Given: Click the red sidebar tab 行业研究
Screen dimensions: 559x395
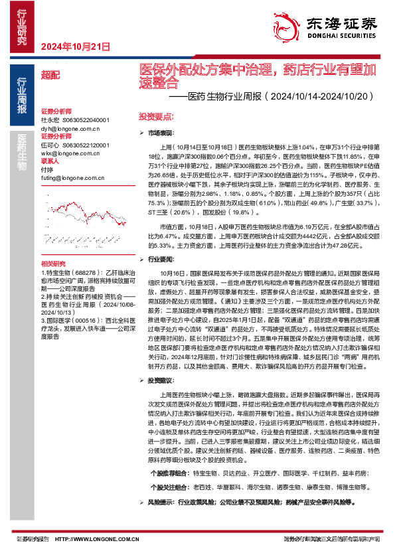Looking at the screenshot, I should coord(22,27).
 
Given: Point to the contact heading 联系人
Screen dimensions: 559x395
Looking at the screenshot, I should coord(50,161).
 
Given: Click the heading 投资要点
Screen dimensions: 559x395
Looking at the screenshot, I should coord(156,115).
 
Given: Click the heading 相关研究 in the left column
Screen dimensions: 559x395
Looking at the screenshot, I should coord(53,263).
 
